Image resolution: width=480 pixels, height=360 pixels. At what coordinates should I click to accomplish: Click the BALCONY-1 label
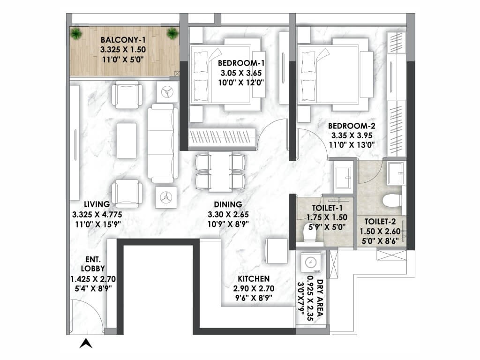123,40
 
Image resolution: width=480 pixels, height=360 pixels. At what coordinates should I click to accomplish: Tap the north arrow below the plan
86,344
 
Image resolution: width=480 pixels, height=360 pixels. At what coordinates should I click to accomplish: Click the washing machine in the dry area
311,262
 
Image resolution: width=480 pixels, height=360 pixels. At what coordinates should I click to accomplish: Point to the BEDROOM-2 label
352,126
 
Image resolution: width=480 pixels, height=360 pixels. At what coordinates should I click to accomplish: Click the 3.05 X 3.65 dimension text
241,73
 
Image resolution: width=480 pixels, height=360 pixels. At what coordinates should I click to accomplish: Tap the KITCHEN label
254,279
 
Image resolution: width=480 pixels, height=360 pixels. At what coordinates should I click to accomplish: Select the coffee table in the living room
127,141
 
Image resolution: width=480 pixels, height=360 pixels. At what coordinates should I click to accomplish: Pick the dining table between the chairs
220,172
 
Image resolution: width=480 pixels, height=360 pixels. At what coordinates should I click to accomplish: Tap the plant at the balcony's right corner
172,33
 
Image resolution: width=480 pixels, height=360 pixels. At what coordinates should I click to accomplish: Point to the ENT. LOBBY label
93,264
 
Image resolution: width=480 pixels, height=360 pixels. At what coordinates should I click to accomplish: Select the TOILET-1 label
327,208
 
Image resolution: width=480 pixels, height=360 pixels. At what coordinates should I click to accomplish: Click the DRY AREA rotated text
320,300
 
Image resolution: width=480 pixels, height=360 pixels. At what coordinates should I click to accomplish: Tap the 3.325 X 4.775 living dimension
97,215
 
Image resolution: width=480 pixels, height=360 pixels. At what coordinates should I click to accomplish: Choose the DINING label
228,204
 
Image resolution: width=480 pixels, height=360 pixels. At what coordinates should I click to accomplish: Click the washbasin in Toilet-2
396,173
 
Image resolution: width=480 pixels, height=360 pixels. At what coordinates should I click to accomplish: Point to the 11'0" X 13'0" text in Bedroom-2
352,145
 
